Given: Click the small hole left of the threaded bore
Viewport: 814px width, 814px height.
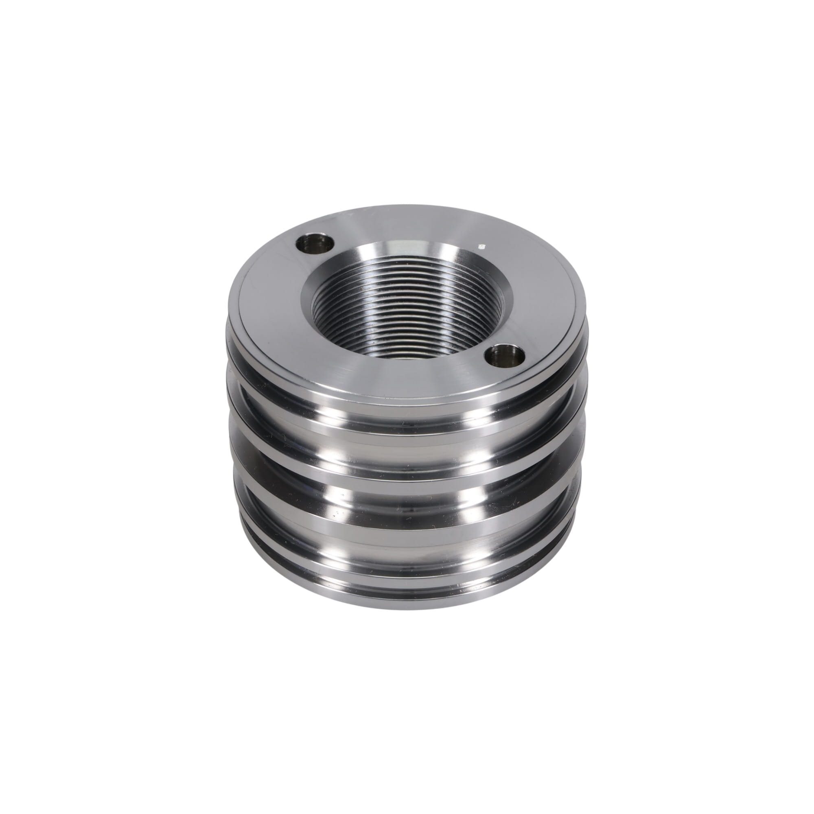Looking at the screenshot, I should (x=315, y=244).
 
